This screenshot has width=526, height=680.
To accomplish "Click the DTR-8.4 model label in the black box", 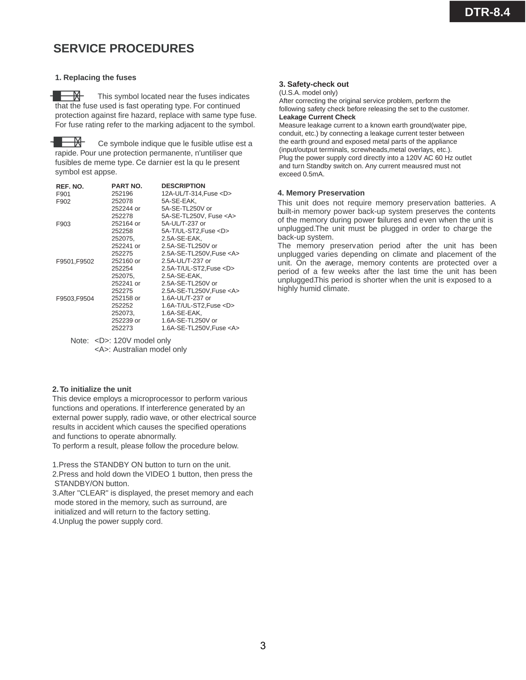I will click(487, 12).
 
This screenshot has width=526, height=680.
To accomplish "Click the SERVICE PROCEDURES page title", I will click(123, 48).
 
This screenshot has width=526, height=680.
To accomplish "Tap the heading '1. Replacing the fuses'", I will click(95, 77).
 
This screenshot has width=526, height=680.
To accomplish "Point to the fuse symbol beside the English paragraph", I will click(67, 96).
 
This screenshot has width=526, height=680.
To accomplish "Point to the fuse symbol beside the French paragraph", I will click(68, 142).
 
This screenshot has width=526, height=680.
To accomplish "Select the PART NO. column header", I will click(127, 186).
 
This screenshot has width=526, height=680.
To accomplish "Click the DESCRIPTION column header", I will click(183, 186).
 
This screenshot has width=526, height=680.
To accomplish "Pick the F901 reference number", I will click(63, 194).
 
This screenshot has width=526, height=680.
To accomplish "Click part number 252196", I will click(122, 194).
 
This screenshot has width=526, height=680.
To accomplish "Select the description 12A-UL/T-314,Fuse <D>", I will click(196, 194).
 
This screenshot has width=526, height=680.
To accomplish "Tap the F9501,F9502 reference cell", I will click(75, 261).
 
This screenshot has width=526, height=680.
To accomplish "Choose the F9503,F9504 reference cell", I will click(75, 299).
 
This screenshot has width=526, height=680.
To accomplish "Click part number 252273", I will click(122, 328).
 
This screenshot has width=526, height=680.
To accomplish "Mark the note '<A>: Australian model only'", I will click(141, 349).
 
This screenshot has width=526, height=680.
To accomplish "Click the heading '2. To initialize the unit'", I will click(92, 389).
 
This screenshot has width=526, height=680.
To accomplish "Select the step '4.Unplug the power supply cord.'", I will click(107, 521).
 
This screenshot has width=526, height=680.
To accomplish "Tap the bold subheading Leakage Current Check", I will click(317, 117).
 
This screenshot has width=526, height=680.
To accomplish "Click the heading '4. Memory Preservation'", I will click(321, 193).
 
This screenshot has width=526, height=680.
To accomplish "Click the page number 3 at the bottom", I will click(263, 646).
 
